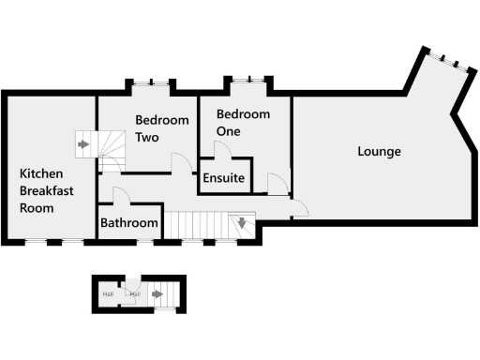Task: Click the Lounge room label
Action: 379,152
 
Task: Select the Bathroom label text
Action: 129,223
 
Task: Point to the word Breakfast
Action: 50,190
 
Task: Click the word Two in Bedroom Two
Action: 146,137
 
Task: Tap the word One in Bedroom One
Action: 228,131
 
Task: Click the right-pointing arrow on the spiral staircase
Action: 83,144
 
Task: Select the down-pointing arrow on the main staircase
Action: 242,223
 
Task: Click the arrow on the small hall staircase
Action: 157,294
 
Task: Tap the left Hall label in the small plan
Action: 108,294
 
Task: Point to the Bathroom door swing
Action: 121,195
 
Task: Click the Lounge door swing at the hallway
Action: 299,210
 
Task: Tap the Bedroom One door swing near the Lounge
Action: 277,184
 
